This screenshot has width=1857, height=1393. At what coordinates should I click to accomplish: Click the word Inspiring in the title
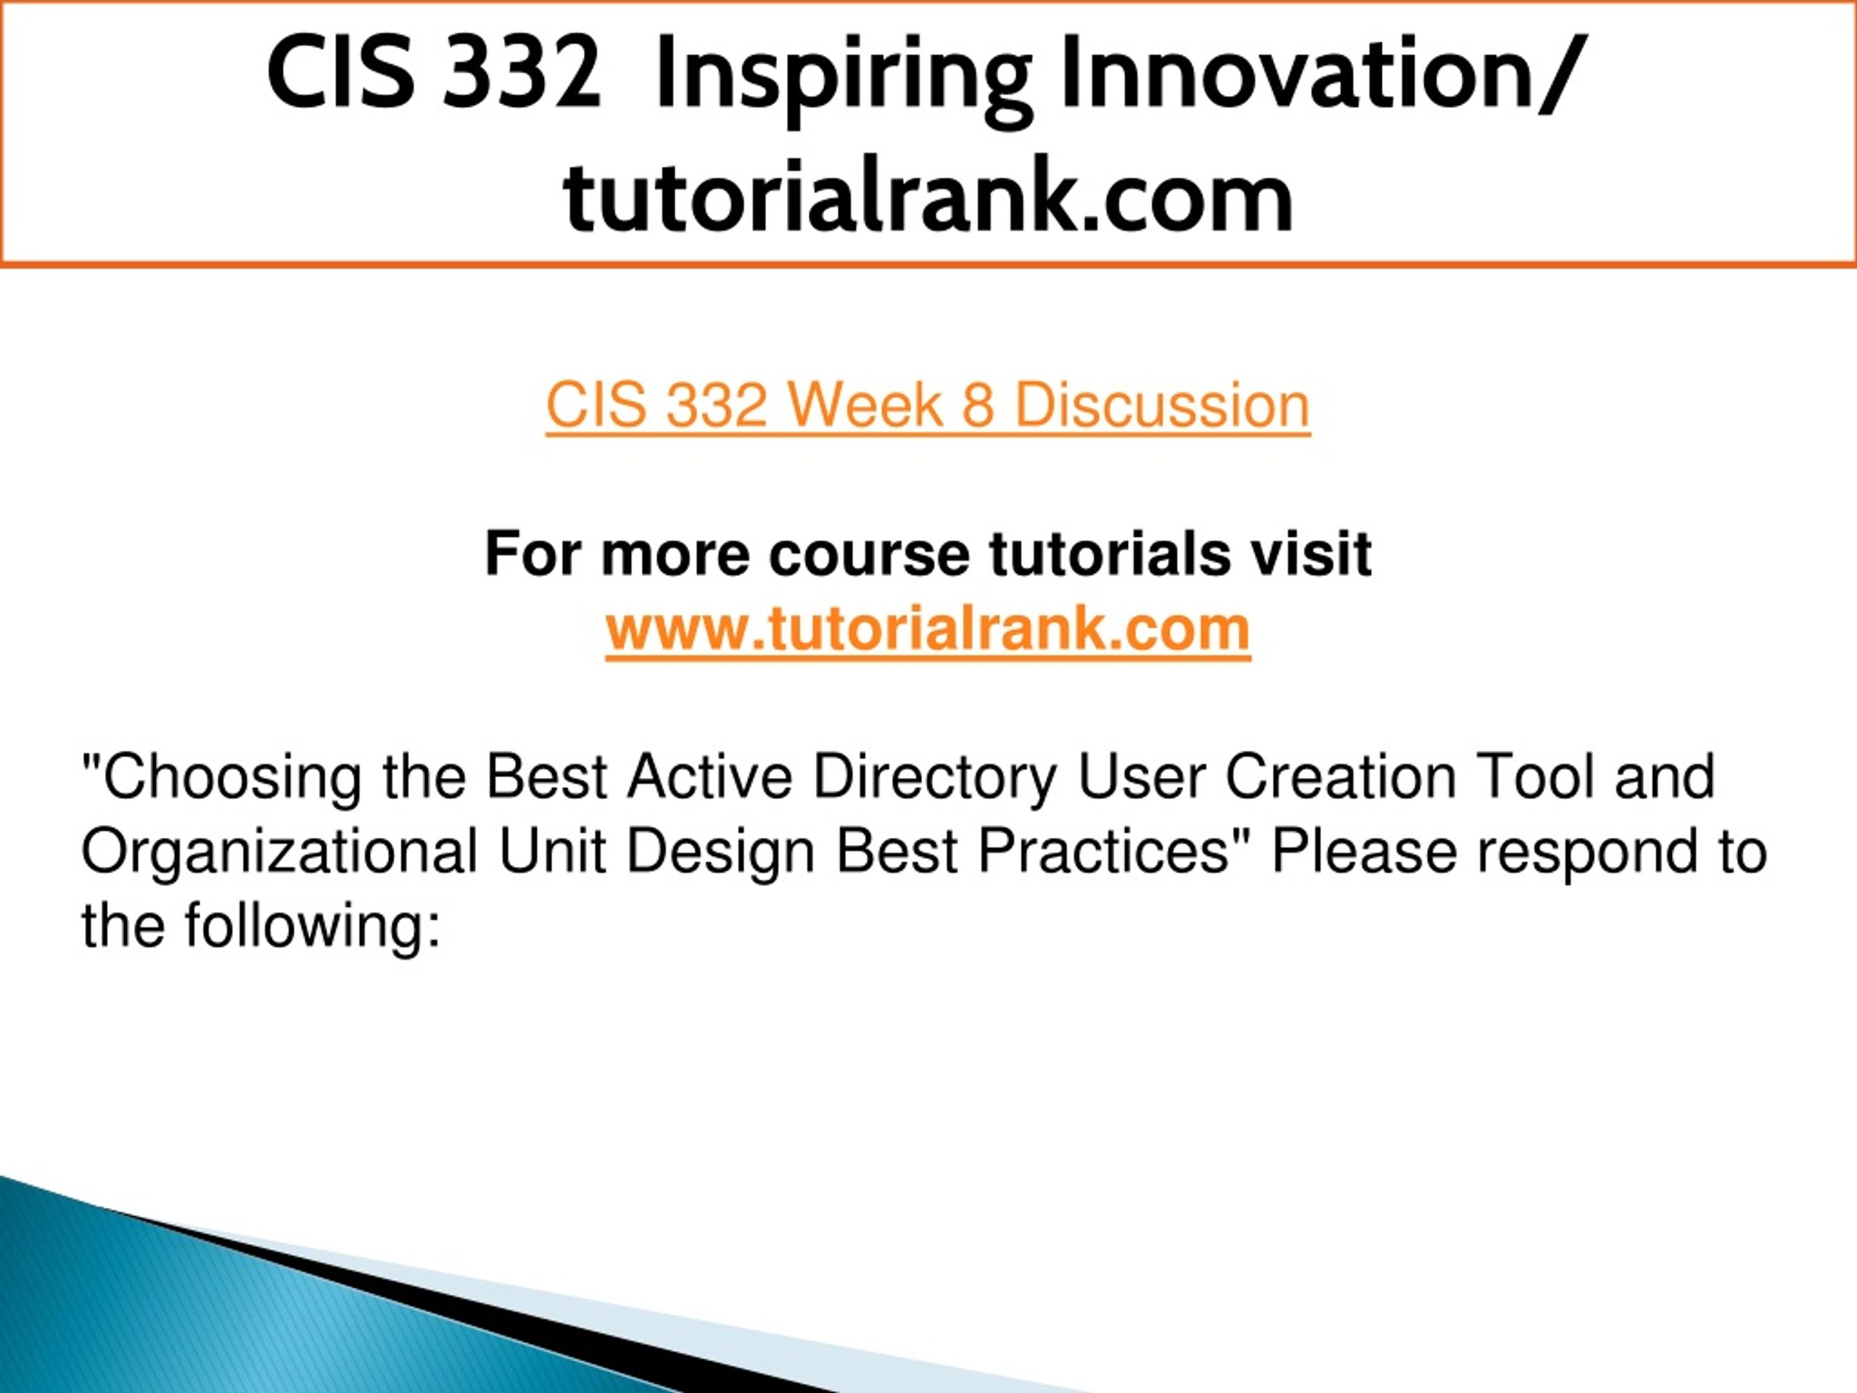(843, 77)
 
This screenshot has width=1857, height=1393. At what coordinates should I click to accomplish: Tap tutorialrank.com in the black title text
(928, 197)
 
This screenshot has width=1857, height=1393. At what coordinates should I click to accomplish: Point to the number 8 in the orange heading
(979, 406)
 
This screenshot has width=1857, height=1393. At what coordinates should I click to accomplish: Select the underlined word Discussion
(1162, 406)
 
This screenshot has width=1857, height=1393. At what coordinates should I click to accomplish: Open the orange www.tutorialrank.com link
(928, 629)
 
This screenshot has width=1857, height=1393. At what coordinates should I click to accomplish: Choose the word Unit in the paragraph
(551, 850)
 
